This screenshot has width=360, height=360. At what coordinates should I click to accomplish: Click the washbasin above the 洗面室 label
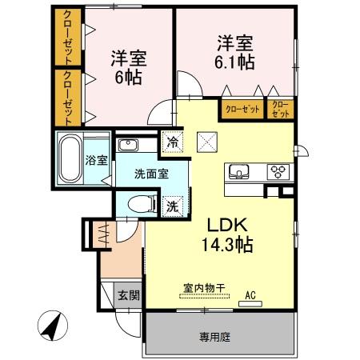click(128, 145)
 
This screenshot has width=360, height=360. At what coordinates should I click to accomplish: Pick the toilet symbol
click(141, 203)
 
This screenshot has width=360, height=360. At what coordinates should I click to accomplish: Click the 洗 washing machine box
click(173, 206)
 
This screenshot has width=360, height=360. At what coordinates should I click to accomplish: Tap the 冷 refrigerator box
click(173, 142)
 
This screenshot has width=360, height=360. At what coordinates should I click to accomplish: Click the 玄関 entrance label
click(128, 295)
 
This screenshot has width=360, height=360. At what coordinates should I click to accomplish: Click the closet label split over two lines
click(281, 109)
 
